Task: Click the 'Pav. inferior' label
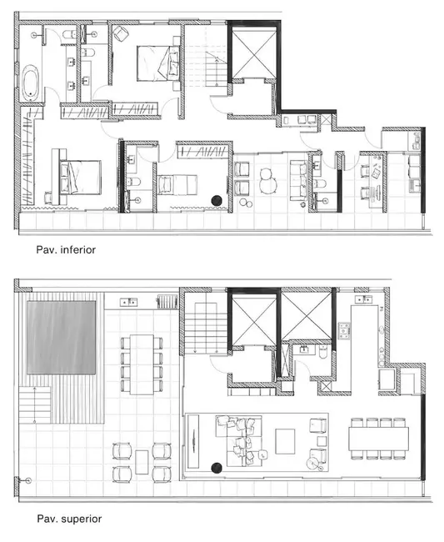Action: point(66,248)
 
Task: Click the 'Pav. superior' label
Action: point(68,519)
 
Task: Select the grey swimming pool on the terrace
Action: point(61,337)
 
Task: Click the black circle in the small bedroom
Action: point(217,200)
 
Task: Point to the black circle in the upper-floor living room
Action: point(217,467)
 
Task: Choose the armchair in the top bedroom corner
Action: point(119,33)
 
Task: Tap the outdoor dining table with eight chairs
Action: point(142,363)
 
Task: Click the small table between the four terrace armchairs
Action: point(141,462)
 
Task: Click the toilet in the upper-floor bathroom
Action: point(321,353)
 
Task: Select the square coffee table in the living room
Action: point(285,439)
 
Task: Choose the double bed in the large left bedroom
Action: point(77,176)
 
